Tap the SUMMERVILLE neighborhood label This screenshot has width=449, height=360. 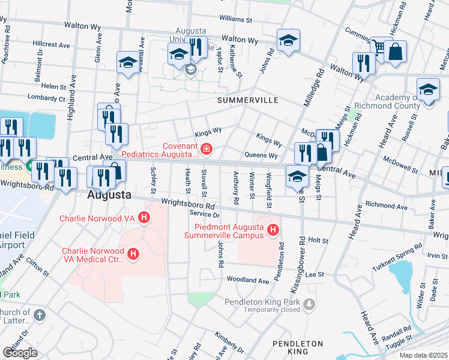247,99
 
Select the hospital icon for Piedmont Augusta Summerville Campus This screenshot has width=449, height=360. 273,229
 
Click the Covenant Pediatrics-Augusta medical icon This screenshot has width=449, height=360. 206,148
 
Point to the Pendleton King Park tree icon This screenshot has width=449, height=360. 309,304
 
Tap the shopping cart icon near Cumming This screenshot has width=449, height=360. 378,47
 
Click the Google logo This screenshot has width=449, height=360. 20,352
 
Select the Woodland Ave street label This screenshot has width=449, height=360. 247,280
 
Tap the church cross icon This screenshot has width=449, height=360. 39,315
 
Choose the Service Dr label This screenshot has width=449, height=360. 205,214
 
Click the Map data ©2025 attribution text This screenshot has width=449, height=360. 424,355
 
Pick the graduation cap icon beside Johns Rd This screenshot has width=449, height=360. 288,41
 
